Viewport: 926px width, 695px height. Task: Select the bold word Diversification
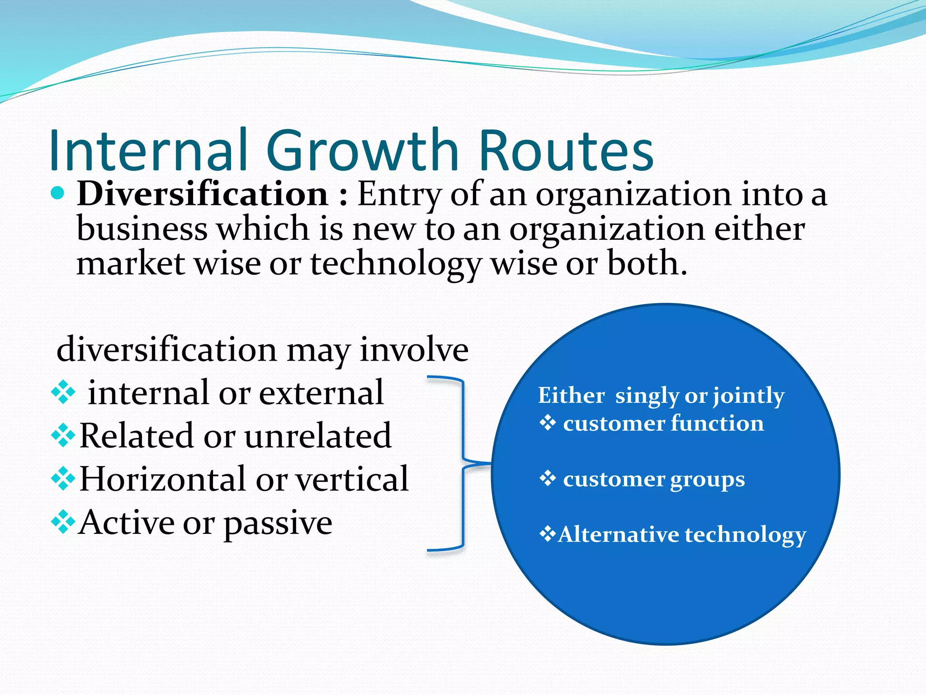coord(203,194)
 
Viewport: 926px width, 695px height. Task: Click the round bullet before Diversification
coord(57,194)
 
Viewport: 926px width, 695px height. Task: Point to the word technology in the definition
coord(396,264)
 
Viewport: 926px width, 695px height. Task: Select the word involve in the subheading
coord(414,349)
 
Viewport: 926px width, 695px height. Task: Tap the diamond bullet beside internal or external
coord(63,392)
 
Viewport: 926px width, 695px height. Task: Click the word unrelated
coord(318,436)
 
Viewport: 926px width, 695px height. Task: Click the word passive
coord(278,523)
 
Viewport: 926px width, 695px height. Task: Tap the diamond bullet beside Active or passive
coord(63,523)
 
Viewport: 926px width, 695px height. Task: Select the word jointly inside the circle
coord(748,396)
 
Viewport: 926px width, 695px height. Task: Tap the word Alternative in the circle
coord(618,535)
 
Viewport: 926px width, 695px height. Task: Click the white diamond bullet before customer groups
coord(548,478)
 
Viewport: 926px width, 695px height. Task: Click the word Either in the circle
coord(571,395)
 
